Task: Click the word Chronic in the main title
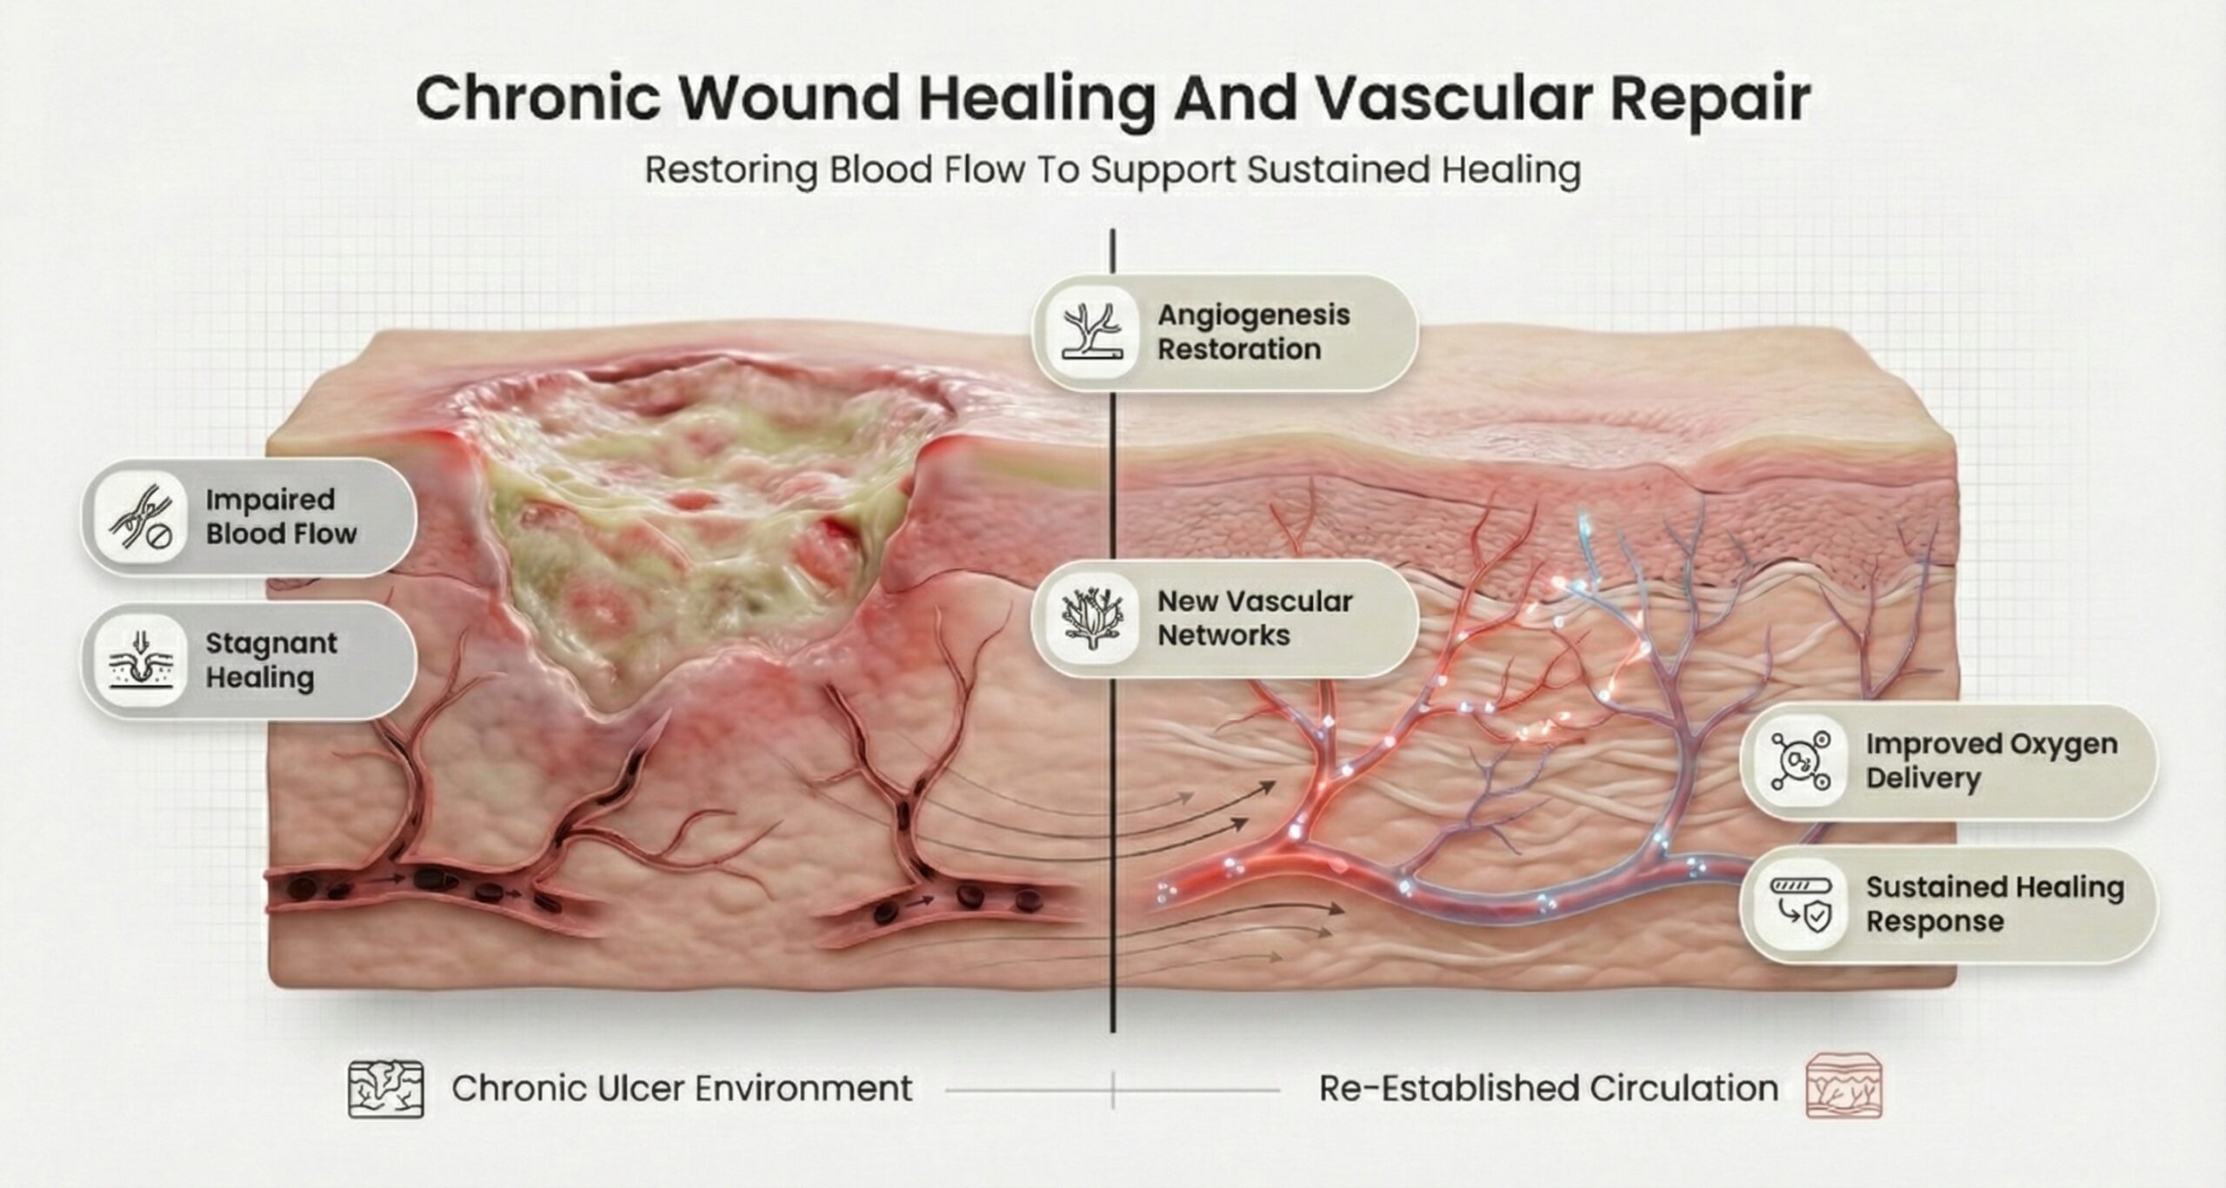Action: (x=538, y=98)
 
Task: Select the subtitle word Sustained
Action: (x=1336, y=169)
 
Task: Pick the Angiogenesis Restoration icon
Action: (x=1092, y=332)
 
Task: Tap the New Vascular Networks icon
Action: (x=1092, y=618)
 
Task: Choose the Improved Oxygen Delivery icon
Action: (x=1800, y=762)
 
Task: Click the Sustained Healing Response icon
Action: (x=1800, y=905)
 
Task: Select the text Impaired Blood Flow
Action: (x=281, y=516)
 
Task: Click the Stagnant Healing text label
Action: (x=271, y=660)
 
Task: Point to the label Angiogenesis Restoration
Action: (x=1253, y=332)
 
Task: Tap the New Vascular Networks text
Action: (x=1254, y=618)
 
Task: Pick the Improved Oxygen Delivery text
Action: (x=1991, y=760)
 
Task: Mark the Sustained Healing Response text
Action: (x=1995, y=904)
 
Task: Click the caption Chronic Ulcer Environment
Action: (x=682, y=1088)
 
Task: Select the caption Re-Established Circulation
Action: (x=1548, y=1088)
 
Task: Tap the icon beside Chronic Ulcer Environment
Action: (x=386, y=1088)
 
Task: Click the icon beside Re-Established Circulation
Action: (x=1843, y=1086)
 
